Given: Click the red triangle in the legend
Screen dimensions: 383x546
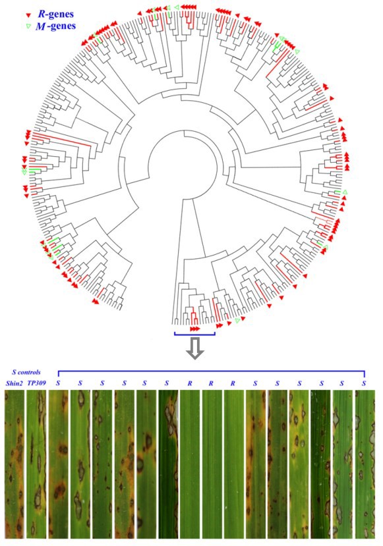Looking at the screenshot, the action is tap(29, 16).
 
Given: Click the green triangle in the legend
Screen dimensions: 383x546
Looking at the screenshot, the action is tap(29, 26).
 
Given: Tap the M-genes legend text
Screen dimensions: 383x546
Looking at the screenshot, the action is tap(55, 26).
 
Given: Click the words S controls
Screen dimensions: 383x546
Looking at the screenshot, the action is tap(26, 372).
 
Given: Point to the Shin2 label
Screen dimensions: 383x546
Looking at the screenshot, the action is tap(14, 383).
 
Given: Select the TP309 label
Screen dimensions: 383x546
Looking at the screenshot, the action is tap(37, 383).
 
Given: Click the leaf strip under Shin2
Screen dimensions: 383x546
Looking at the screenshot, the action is tap(15, 464).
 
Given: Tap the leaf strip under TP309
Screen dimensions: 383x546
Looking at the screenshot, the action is tap(37, 464).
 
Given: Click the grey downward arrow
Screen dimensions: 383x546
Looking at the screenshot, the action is tap(195, 348).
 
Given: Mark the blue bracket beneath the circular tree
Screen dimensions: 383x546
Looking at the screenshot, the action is tap(195, 335).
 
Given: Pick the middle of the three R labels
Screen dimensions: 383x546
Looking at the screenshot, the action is tap(211, 383).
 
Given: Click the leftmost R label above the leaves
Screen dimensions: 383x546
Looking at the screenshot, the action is tap(190, 383).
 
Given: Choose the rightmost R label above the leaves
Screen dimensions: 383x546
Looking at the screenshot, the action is tap(233, 383).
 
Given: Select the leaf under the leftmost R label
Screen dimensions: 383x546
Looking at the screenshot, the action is tap(190, 464).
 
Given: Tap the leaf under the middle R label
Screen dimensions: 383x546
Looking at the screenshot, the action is tap(212, 464).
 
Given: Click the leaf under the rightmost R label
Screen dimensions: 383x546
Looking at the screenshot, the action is tap(234, 464).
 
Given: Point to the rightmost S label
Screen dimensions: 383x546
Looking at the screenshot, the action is tap(364, 383).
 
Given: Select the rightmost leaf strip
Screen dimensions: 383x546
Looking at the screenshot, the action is tap(365, 464).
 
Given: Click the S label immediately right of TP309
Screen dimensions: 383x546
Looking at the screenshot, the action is tap(59, 383).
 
